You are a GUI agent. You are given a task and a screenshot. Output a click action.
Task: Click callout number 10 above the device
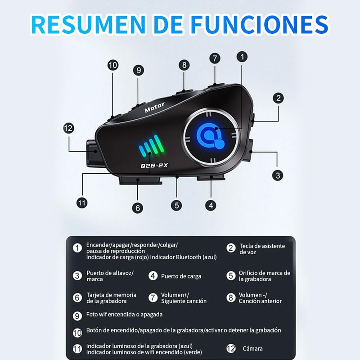point(112,65)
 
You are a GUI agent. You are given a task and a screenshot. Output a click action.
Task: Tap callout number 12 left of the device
point(68,128)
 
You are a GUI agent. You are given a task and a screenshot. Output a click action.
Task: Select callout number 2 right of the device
point(279,98)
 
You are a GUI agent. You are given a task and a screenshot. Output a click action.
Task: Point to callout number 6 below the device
point(138,207)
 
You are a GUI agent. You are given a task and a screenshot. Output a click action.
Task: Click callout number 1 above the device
point(242,57)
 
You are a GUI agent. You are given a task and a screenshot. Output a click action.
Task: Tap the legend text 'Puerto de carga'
point(181,276)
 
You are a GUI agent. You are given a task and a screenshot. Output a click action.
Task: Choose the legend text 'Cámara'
point(252,348)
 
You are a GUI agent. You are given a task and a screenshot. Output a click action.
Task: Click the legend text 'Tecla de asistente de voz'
point(262,249)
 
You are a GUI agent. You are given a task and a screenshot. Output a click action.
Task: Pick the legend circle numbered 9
point(77,315)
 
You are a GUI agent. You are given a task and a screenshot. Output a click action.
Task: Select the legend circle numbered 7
point(153,298)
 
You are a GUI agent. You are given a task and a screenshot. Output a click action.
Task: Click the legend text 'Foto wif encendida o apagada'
point(124,315)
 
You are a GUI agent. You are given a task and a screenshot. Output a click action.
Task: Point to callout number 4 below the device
point(211,205)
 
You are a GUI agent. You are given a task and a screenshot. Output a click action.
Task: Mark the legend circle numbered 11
point(77,348)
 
